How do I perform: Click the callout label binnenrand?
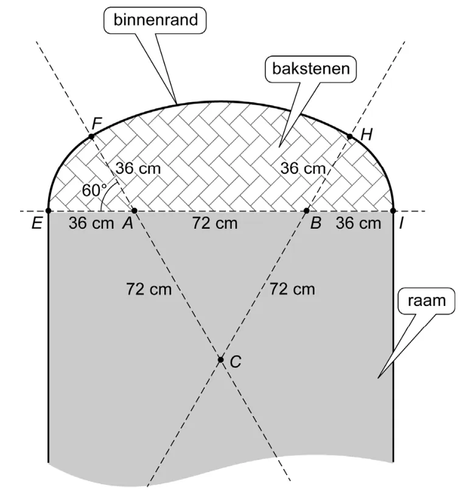pos(156,19)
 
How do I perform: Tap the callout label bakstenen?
pos(311,69)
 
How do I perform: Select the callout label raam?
pos(427,301)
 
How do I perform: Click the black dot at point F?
pos(91,136)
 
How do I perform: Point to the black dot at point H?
pos(349,136)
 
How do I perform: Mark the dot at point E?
pos(48,210)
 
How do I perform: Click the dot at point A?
pos(135,210)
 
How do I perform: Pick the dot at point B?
pos(306,210)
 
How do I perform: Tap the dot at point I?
pos(393,210)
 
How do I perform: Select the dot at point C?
pos(221,360)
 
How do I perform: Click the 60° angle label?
pos(94,190)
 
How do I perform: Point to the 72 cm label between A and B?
pos(215,223)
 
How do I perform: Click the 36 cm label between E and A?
pos(91,223)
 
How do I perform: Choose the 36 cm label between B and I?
pos(359,223)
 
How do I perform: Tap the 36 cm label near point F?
pos(138,169)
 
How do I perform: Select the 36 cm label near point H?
pos(303,169)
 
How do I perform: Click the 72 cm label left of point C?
pos(149,289)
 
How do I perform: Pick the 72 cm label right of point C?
pos(292,289)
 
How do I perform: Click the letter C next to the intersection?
pos(236,361)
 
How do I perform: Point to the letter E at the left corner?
pos(37,223)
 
